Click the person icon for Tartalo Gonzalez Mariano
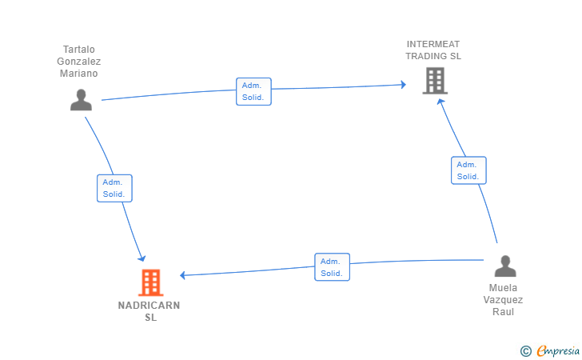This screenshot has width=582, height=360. (x=81, y=100)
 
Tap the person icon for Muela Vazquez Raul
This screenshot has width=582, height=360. (x=505, y=266)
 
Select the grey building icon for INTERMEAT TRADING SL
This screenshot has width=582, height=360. (x=435, y=81)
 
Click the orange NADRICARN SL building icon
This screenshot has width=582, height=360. (x=151, y=282)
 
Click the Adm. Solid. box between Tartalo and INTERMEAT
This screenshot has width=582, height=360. (x=254, y=91)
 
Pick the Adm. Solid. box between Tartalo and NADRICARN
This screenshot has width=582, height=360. (x=114, y=188)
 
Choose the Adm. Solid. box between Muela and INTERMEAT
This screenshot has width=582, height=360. (x=468, y=170)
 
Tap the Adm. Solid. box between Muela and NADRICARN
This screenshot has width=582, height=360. (x=333, y=267)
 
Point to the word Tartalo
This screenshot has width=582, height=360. (x=79, y=50)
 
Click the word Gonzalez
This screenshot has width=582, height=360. (x=78, y=62)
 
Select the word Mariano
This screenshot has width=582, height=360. (x=78, y=73)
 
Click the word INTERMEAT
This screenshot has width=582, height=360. (x=433, y=44)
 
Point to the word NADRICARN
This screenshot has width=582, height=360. (x=149, y=306)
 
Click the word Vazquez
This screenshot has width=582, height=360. (x=503, y=300)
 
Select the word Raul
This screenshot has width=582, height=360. (x=504, y=312)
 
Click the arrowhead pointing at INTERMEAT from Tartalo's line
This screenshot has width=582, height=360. (x=404, y=84)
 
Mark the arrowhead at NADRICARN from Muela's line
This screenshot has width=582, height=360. (x=182, y=275)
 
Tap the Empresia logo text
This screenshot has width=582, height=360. (x=558, y=350)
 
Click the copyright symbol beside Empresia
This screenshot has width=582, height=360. (x=526, y=351)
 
